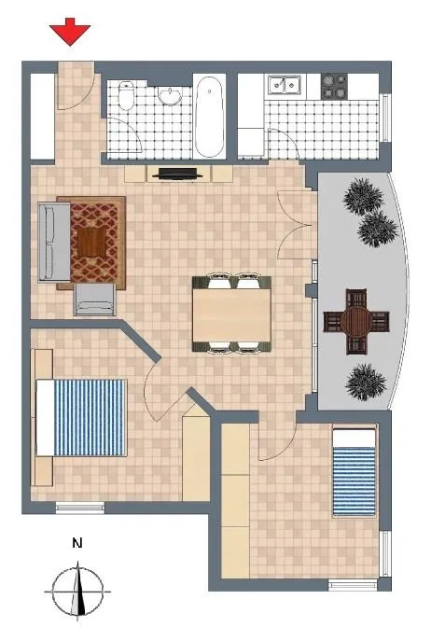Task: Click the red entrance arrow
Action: click(x=70, y=32)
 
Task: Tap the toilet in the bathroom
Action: click(x=126, y=95)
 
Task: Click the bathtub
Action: click(x=209, y=116)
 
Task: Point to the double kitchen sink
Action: click(x=285, y=85)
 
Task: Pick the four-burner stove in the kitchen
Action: click(x=334, y=87)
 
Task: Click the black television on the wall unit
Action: click(x=177, y=174)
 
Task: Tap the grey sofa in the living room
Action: click(x=54, y=243)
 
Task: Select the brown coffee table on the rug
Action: click(x=91, y=242)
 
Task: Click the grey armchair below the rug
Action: click(x=94, y=300)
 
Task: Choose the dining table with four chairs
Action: click(x=231, y=314)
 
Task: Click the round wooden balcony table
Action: click(x=356, y=322)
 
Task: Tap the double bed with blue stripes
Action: click(x=81, y=418)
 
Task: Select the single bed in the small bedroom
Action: click(x=355, y=472)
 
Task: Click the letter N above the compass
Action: click(x=76, y=543)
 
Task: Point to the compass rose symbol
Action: click(x=77, y=592)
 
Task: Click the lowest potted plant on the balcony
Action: click(x=366, y=383)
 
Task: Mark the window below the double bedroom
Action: click(x=80, y=508)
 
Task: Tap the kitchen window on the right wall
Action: click(x=385, y=118)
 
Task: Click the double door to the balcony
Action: click(x=298, y=225)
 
